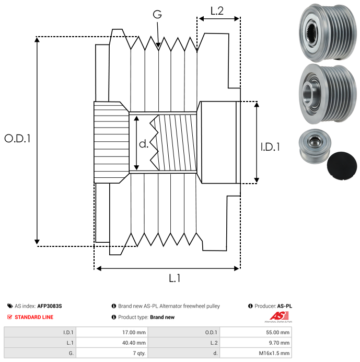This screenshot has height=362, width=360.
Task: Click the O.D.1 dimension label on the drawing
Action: coord(17,139)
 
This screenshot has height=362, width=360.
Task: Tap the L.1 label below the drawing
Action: coord(175,278)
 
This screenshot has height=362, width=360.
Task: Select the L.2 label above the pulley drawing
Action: coord(217,10)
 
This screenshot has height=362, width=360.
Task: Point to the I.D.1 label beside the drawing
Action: coord(270,148)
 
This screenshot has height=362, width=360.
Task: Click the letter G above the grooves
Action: coord(157,15)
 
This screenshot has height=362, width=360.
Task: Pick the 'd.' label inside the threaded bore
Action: coord(144,143)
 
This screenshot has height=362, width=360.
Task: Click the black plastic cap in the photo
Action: coord(342,165)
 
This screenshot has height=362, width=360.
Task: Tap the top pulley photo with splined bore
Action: coord(327,31)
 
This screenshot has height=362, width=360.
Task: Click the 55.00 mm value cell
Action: coord(277,332)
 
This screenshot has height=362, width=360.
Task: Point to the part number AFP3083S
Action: coord(53,306)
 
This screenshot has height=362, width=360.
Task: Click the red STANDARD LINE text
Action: coord(33,317)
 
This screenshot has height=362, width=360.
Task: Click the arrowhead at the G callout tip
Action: coord(158,47)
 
